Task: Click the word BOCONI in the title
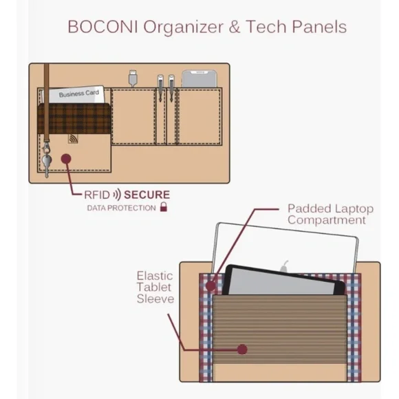coord(103,26)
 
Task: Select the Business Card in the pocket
coord(76,95)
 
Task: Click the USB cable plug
coord(133,78)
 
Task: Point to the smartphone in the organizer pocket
coord(199,79)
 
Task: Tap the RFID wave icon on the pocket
coord(73,139)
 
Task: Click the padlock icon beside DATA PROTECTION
coord(164,207)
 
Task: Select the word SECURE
coord(147,195)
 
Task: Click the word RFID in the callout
coord(97,195)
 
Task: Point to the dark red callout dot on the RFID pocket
coord(66,159)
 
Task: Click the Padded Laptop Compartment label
coord(330,214)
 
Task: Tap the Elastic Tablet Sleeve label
coord(155,288)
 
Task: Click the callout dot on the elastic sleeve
coord(242,349)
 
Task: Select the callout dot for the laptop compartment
coord(211,285)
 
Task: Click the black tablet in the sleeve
coord(283,281)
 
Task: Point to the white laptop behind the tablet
coord(285,244)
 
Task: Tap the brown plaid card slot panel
coord(74,118)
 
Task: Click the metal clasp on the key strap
coord(46,148)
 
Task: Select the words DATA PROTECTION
coord(121,208)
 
